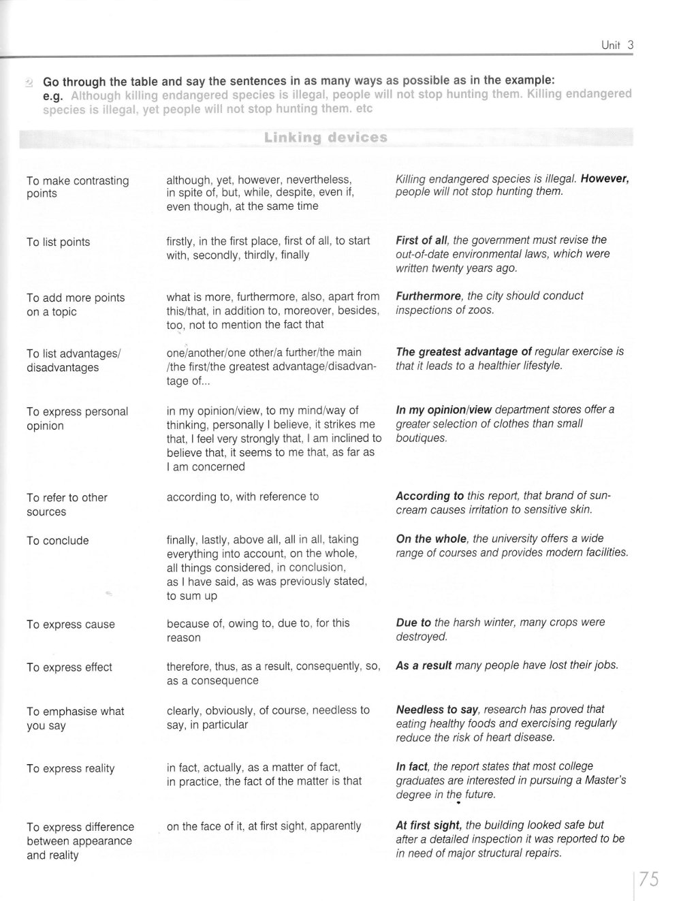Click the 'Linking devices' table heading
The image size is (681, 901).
[x=326, y=138]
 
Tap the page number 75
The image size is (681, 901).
[x=649, y=879]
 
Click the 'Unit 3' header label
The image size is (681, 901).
[x=618, y=46]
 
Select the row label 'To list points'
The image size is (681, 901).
[x=58, y=242]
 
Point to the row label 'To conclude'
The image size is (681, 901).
[x=57, y=541]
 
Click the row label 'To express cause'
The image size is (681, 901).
[x=70, y=625]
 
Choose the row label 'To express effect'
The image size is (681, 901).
[x=69, y=667]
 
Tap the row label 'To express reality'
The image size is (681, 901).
[x=70, y=769]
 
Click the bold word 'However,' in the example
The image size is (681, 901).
[x=605, y=178]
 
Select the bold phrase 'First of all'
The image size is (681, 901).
[x=422, y=240]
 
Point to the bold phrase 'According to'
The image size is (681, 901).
[x=430, y=496]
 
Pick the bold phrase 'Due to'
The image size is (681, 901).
[x=413, y=622]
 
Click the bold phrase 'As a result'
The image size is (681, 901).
[x=424, y=665]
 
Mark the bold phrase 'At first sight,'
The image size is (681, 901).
[x=429, y=825]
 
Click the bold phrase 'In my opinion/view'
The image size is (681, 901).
[x=444, y=409]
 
